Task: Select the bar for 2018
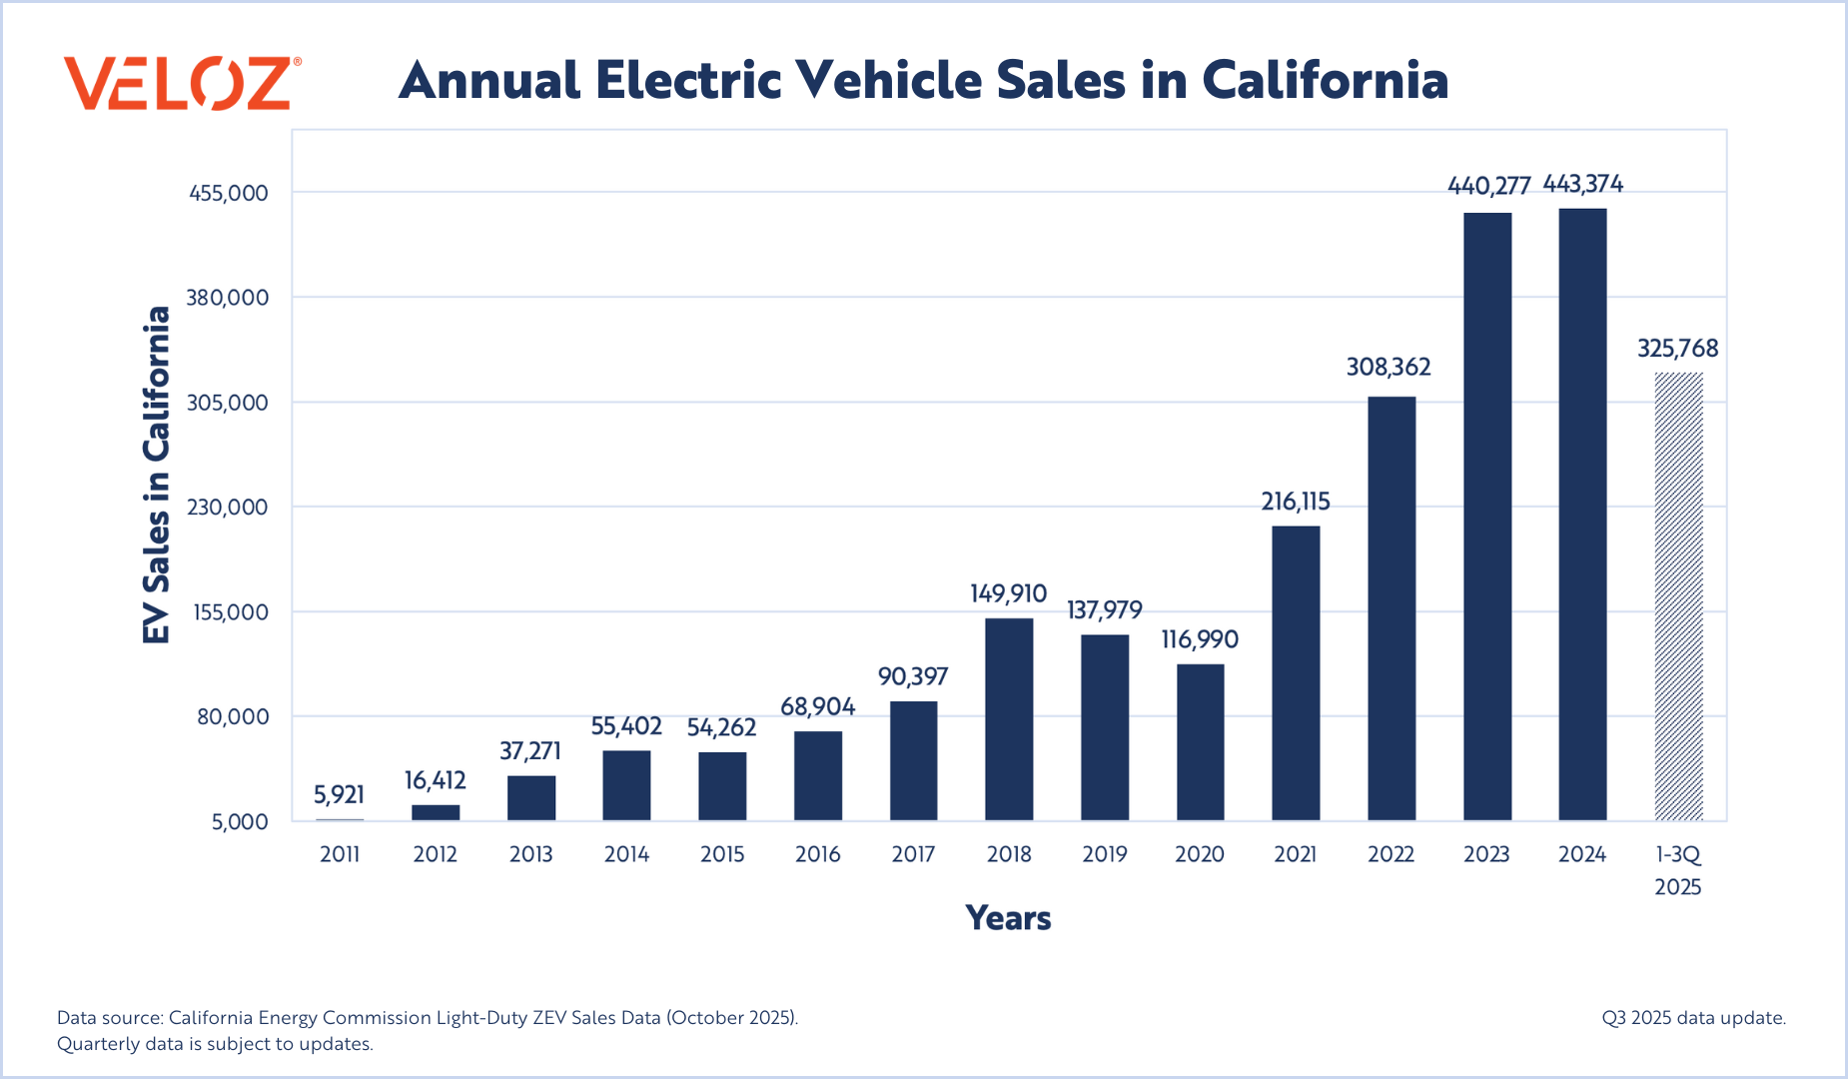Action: coord(1009,719)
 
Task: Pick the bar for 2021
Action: coord(1296,673)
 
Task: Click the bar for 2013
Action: coord(531,798)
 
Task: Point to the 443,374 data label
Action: coord(1583,184)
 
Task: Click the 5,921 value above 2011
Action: coord(339,794)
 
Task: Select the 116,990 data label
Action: coord(1200,639)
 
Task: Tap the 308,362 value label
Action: coord(1388,367)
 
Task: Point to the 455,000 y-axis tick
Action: coord(229,193)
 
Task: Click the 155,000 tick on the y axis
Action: coord(229,611)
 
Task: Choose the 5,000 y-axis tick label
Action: coord(240,821)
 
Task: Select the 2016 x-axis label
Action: coord(818,854)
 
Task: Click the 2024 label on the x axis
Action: coord(1582,854)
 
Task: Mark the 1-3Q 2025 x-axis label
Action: coord(1678,870)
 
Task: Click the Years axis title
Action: coord(1008,918)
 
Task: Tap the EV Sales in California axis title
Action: coord(157,475)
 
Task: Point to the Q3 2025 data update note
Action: coord(1693,1018)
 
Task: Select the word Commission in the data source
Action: coord(376,1018)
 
